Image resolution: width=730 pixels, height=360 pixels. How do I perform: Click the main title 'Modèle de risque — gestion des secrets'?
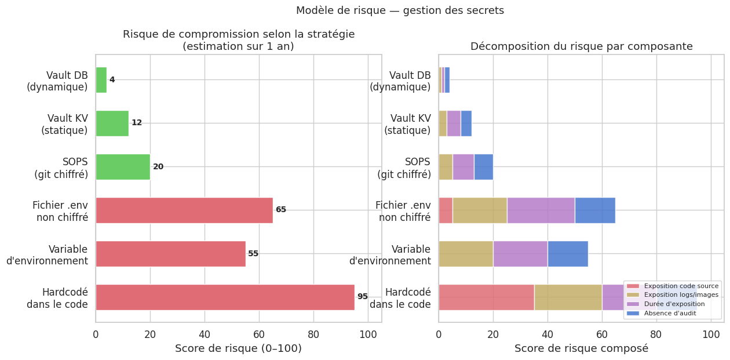click(400, 10)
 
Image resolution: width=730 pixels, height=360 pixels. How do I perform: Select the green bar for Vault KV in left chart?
click(112, 123)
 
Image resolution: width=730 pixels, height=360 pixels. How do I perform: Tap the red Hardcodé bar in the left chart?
click(225, 297)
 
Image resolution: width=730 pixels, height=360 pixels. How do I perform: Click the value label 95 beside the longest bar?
click(363, 297)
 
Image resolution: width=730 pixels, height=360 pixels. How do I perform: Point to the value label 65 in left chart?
click(281, 210)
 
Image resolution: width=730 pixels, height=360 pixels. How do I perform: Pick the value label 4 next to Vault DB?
click(112, 80)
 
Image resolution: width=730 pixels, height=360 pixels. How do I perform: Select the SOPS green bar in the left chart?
click(123, 166)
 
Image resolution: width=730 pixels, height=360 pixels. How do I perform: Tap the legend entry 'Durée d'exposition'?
click(672, 304)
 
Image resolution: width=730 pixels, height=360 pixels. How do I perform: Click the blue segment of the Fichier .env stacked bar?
click(595, 210)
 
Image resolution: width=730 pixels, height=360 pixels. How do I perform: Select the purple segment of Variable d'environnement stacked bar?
click(520, 253)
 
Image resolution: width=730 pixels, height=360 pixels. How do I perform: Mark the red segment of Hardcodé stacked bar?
click(486, 297)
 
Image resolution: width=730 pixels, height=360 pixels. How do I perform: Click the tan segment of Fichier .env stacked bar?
click(480, 210)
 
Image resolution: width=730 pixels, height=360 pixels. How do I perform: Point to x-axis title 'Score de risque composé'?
click(581, 348)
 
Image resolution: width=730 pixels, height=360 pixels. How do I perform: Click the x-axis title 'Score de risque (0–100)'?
click(238, 348)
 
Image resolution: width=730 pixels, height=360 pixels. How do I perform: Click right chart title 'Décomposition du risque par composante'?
click(581, 46)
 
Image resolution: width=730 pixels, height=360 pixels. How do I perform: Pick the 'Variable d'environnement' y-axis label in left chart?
click(48, 254)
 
